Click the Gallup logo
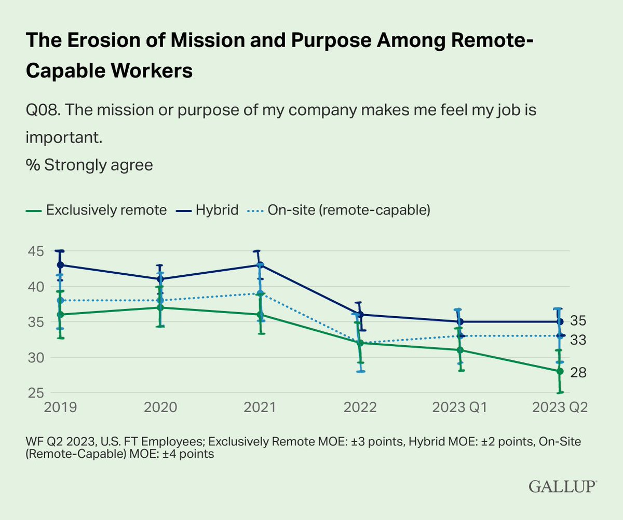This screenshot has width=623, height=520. click(563, 486)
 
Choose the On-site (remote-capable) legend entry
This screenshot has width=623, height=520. click(340, 210)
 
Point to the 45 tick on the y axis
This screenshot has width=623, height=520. click(34, 251)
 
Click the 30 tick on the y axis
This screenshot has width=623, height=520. click(34, 358)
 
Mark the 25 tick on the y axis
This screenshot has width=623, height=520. click(34, 393)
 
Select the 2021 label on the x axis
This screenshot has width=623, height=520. click(260, 406)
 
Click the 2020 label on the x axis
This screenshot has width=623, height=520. click(160, 406)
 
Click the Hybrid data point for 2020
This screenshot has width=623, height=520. click(160, 279)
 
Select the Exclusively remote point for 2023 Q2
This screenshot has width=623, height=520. click(560, 371)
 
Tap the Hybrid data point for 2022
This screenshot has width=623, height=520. click(360, 314)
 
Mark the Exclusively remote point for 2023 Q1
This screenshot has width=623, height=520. click(460, 350)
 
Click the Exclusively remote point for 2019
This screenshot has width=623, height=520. click(61, 314)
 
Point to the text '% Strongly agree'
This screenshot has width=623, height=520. click(89, 165)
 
